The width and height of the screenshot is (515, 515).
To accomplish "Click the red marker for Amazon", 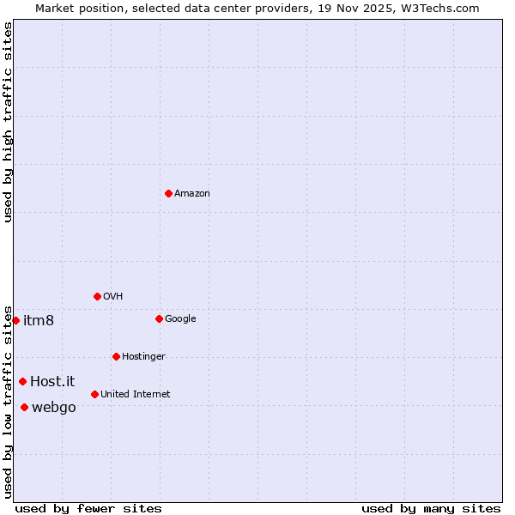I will [x=168, y=193].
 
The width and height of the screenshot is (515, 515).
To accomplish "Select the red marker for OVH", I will [x=97, y=296].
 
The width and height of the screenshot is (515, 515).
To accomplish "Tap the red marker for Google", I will [x=159, y=318].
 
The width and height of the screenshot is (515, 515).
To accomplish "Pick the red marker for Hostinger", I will [x=116, y=356].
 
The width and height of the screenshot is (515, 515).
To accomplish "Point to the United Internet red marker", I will [x=94, y=394].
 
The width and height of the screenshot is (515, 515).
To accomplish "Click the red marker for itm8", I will [x=15, y=320].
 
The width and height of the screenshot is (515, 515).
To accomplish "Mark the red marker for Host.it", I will [x=22, y=381].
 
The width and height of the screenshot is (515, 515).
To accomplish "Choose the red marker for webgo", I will [x=24, y=407].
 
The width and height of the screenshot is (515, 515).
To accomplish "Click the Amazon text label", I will [x=192, y=194].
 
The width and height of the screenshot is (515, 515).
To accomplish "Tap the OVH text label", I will [x=113, y=297].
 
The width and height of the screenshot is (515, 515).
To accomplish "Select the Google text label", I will [x=180, y=319].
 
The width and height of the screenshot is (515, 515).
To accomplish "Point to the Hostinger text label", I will [x=143, y=357].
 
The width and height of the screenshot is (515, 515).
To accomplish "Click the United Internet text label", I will [x=136, y=395].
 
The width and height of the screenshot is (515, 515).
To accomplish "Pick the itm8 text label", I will [x=39, y=320].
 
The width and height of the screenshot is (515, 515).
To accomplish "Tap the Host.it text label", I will [x=52, y=381].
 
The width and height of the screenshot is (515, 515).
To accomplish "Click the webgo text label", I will [x=54, y=408].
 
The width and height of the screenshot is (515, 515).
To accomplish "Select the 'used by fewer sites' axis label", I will [x=88, y=508].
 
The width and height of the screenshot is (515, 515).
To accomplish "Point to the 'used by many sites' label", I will [x=431, y=508].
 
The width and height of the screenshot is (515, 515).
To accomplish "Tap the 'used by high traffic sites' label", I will [x=8, y=122].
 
